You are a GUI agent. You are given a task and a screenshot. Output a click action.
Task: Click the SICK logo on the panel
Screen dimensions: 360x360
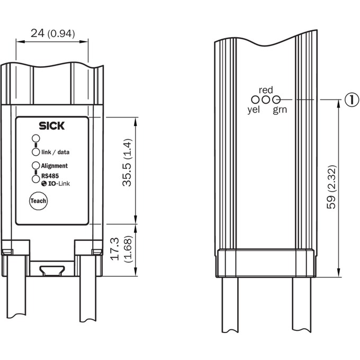[52, 126]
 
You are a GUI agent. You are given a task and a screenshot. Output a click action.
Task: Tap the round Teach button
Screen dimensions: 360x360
[38, 201]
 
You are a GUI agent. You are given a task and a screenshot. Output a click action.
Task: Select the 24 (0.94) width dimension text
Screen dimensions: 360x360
[53, 33]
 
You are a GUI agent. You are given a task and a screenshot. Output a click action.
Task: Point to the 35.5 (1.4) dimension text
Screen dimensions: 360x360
[127, 163]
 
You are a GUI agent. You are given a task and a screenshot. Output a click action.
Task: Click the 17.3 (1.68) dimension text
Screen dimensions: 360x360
[121, 249]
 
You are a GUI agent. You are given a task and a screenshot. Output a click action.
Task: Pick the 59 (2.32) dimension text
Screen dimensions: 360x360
[331, 187]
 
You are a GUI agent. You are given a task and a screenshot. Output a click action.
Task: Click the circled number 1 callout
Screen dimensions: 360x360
[352, 100]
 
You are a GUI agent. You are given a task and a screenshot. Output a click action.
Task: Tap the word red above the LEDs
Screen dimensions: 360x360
[266, 90]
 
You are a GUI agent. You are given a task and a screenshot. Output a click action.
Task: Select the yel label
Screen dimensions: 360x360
[254, 110]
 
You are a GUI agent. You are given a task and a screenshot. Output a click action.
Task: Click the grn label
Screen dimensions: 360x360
[280, 110]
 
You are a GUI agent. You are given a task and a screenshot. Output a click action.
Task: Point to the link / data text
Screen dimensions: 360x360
[56, 152]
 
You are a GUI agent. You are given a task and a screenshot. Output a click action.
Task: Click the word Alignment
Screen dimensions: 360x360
[54, 166]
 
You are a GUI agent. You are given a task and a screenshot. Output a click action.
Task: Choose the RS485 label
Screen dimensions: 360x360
[50, 176]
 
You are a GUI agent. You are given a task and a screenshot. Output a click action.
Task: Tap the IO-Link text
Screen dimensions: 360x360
[59, 184]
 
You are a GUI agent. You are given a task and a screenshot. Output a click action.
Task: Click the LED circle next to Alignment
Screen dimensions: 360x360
[36, 165]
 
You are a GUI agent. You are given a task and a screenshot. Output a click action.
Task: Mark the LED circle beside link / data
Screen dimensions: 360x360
[36, 152]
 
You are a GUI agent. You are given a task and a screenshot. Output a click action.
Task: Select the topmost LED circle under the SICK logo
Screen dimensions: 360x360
[36, 139]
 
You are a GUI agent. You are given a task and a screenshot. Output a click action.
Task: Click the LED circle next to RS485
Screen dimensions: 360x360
[36, 179]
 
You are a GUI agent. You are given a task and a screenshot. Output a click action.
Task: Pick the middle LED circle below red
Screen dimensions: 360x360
[266, 100]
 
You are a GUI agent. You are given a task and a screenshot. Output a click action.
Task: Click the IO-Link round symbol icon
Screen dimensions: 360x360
[44, 184]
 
